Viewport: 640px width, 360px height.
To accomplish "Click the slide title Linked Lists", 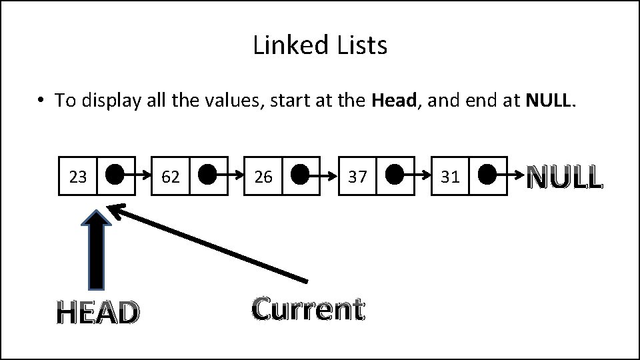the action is [x=320, y=45].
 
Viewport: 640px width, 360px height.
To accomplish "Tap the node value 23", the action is [x=78, y=177].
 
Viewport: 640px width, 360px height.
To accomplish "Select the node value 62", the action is [x=171, y=177].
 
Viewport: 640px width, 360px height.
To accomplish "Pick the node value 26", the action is [x=263, y=177].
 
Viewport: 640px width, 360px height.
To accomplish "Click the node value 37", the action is [x=357, y=177].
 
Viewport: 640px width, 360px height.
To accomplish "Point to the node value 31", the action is [x=450, y=177].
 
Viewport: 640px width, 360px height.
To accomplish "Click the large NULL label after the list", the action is [x=565, y=177].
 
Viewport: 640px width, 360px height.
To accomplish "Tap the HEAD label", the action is [x=98, y=312].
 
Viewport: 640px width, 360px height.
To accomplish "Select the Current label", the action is [x=308, y=309].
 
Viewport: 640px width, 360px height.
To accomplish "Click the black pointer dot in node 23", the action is [x=115, y=175].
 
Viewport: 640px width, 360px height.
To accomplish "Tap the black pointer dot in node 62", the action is [x=208, y=175].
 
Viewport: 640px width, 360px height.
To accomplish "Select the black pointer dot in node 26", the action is [x=301, y=175].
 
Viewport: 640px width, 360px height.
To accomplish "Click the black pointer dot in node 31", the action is [x=487, y=175].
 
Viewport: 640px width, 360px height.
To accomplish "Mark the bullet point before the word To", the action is [x=41, y=101].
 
